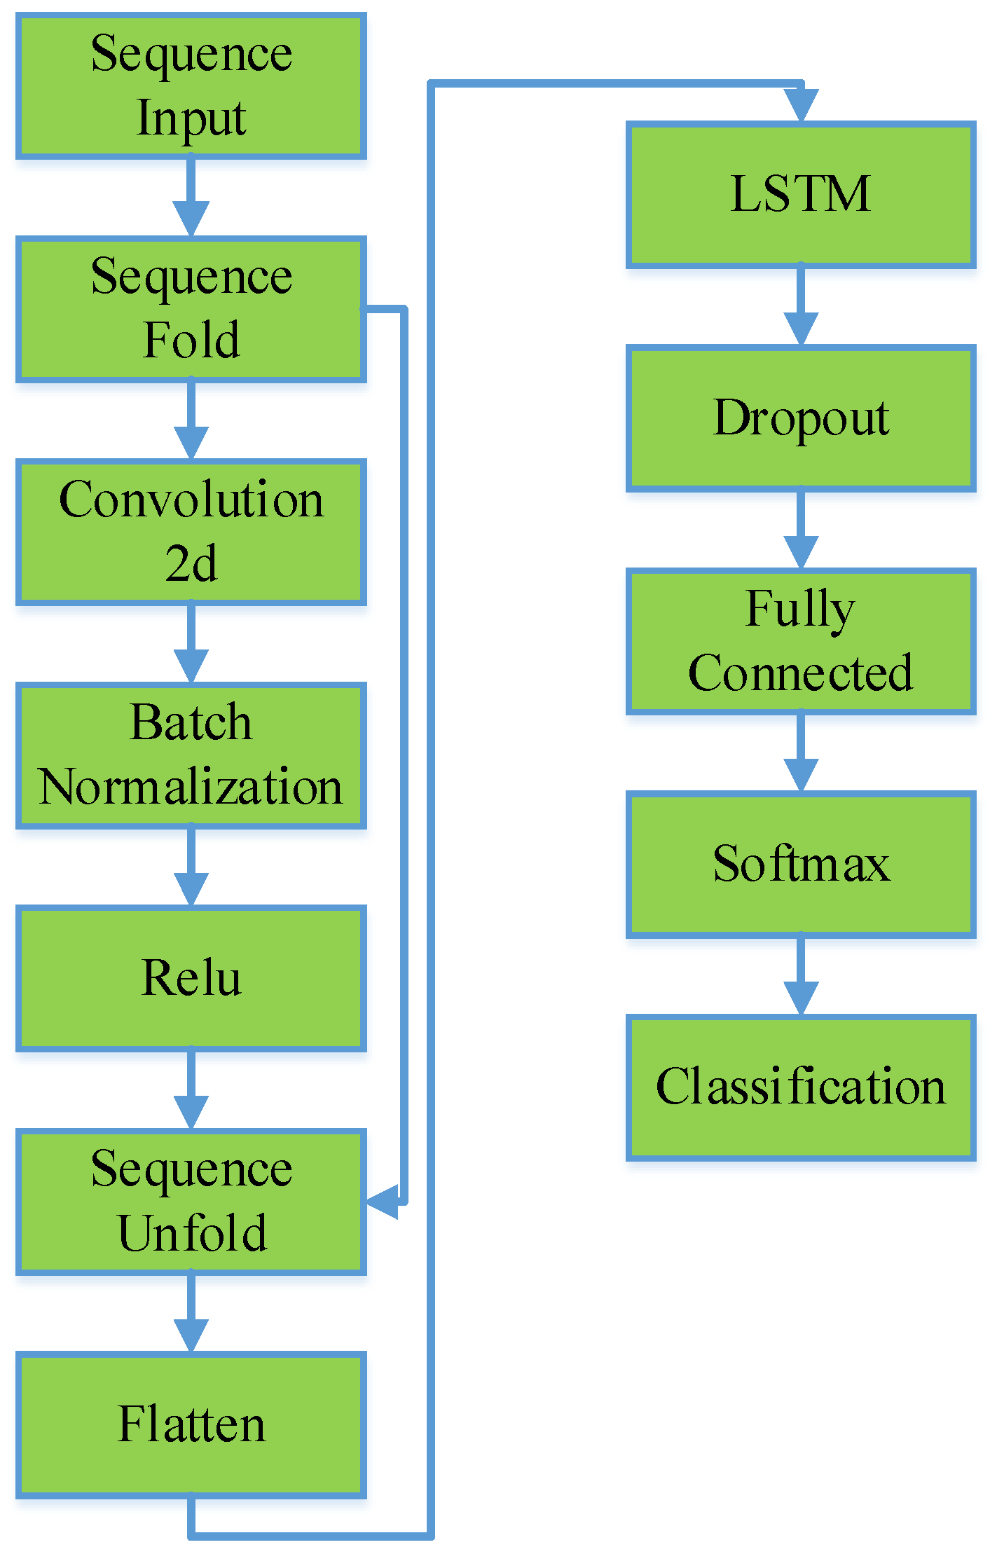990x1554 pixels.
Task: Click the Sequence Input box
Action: pos(191,85)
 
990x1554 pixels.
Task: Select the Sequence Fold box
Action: pos(191,308)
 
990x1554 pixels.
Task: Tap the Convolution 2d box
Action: pos(191,531)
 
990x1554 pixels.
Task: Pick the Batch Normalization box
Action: pos(191,755)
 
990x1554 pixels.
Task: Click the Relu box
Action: pos(191,977)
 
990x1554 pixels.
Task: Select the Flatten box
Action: pos(191,1424)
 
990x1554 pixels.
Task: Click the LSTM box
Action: pos(800,194)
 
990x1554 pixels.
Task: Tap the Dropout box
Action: pos(800,418)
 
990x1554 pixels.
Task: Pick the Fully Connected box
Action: pos(800,640)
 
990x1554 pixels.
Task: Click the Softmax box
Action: pos(800,863)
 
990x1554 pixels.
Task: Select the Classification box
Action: pos(800,1087)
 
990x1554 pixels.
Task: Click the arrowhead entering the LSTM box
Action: pos(801,105)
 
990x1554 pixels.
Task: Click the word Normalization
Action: pos(191,786)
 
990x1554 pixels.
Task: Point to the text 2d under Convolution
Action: pos(191,563)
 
